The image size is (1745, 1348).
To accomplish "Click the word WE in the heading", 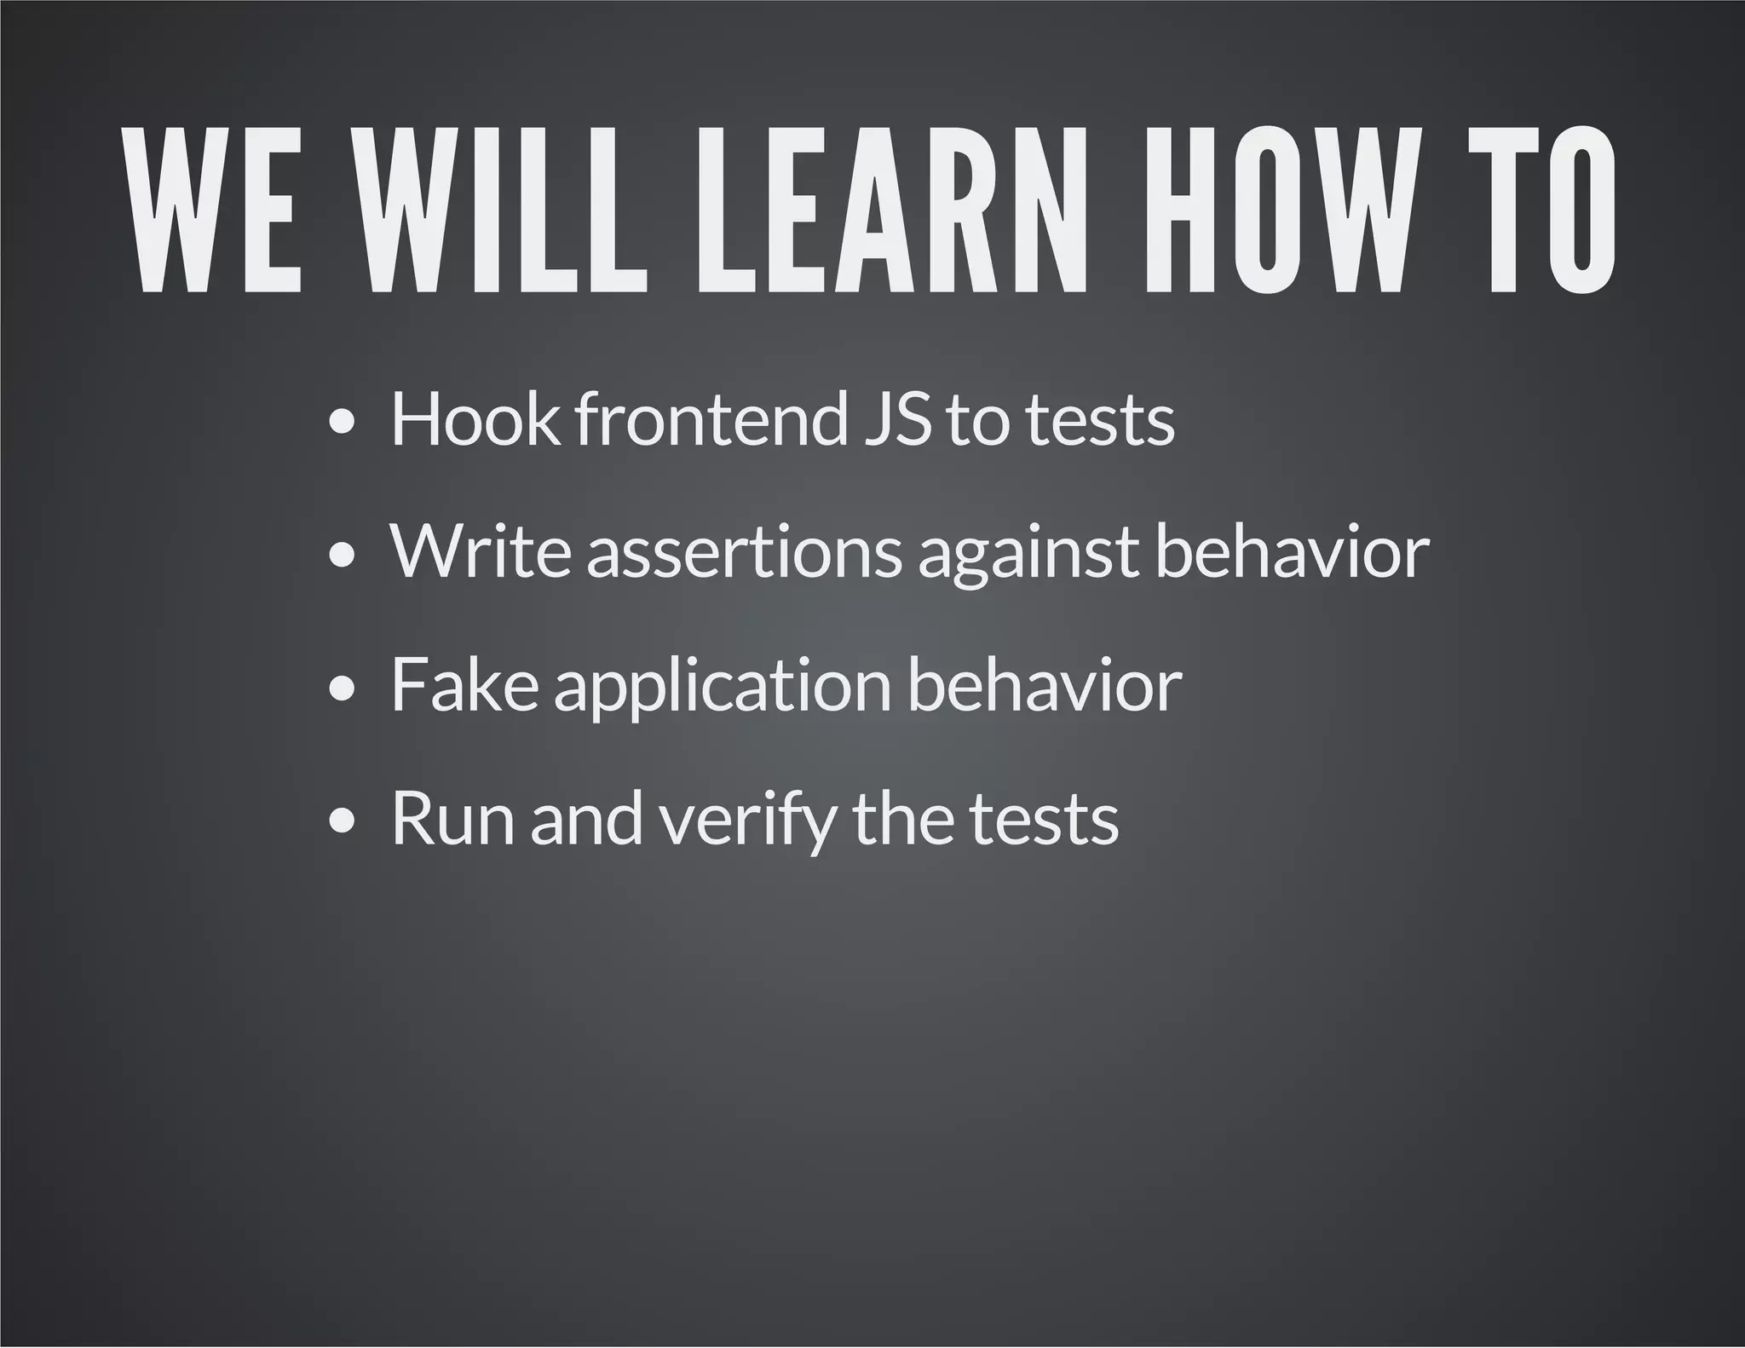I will click(x=213, y=210).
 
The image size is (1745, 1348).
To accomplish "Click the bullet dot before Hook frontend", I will click(x=341, y=423).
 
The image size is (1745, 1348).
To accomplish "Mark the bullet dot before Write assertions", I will click(x=341, y=556).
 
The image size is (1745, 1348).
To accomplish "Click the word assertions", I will click(x=744, y=553).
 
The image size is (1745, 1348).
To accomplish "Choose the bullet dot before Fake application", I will click(x=341, y=689).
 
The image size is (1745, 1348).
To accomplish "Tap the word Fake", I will click(x=464, y=686).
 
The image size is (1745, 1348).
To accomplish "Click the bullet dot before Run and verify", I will click(x=341, y=822).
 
